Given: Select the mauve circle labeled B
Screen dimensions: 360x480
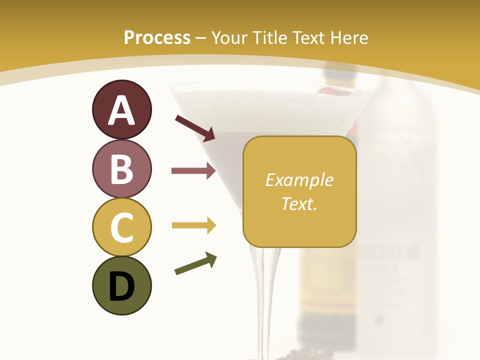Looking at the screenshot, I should pos(121,168).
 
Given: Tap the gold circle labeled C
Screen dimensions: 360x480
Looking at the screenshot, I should pos(121,227).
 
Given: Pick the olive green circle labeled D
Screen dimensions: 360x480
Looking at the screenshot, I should pos(121,285).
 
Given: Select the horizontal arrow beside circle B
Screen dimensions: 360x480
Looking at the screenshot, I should pos(193,171).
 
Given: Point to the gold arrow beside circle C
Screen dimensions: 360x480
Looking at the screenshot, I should pos(193,226).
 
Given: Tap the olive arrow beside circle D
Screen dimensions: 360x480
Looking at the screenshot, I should pos(195,263).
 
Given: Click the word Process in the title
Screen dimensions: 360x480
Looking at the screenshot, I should pos(157,37).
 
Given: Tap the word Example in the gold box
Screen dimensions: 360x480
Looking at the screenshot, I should pos(299,180).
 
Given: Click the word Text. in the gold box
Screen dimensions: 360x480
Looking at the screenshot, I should pos(299,203).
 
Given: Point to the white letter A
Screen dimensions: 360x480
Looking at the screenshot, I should pos(121,110).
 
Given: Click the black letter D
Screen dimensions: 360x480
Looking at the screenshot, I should pos(121,287).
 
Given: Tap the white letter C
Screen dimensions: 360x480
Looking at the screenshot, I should pos(121,227).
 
